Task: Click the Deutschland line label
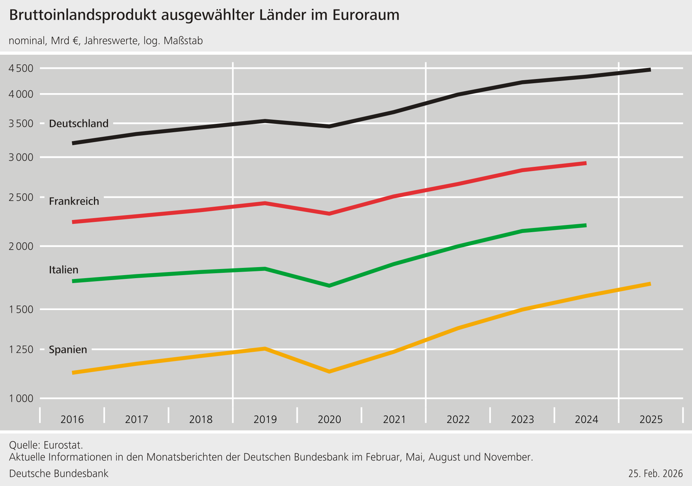click(79, 123)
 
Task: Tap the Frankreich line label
click(74, 201)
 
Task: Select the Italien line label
click(63, 270)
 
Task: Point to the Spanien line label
click(68, 350)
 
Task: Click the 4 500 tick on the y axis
click(21, 68)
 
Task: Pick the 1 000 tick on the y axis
click(21, 398)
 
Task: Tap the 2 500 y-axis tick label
click(21, 197)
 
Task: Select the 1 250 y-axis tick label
click(21, 349)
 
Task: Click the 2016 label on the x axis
click(72, 420)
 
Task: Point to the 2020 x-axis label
click(329, 420)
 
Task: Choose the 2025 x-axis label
click(651, 420)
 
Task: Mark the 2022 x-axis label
click(458, 420)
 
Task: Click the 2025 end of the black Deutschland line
click(650, 70)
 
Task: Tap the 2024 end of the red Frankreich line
click(586, 163)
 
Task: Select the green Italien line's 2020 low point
click(329, 285)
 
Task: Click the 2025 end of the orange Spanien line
click(650, 284)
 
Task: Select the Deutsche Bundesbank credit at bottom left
click(59, 473)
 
